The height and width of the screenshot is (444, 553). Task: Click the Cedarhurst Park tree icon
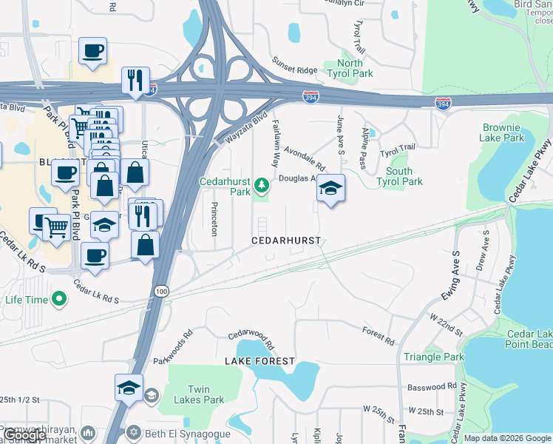(260, 184)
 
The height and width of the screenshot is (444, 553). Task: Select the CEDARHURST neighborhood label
(286, 240)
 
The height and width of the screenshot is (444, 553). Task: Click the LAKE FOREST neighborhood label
(260, 361)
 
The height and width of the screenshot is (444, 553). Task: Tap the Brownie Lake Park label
(503, 132)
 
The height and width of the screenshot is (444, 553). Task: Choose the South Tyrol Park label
(399, 176)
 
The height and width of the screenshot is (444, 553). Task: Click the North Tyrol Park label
(350, 69)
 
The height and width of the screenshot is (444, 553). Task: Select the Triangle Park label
(434, 357)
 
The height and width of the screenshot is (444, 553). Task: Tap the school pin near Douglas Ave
(331, 189)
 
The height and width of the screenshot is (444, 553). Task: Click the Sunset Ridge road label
(294, 65)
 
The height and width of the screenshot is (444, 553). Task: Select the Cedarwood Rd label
(251, 340)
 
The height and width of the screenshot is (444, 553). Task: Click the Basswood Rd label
(432, 386)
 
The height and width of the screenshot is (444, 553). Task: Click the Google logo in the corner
(24, 436)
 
